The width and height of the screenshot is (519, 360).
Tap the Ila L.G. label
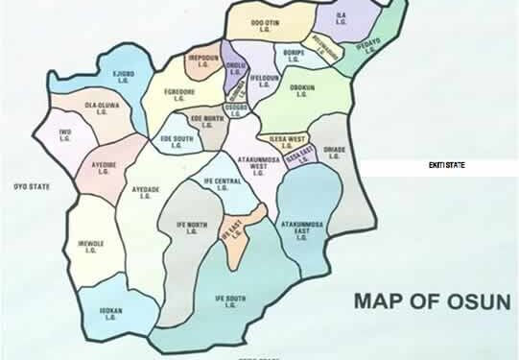[342, 20]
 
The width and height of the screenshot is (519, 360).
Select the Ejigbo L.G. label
[123, 77]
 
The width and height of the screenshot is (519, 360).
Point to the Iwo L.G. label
[65, 135]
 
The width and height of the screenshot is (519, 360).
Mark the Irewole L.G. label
[92, 249]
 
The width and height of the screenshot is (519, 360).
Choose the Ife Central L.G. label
[222, 184]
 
